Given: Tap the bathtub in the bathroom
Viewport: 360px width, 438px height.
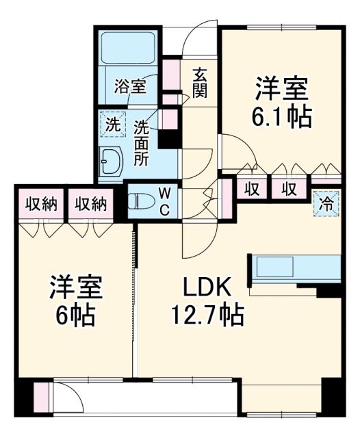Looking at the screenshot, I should (x=129, y=50).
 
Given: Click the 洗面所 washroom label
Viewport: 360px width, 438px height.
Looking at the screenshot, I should (x=141, y=143).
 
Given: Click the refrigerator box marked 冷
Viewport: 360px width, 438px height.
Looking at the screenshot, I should (x=326, y=203).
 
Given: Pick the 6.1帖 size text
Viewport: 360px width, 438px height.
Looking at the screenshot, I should (x=282, y=117).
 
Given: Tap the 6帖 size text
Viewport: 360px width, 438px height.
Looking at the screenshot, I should (x=74, y=315).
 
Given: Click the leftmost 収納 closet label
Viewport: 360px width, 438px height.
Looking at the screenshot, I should (x=40, y=203).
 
